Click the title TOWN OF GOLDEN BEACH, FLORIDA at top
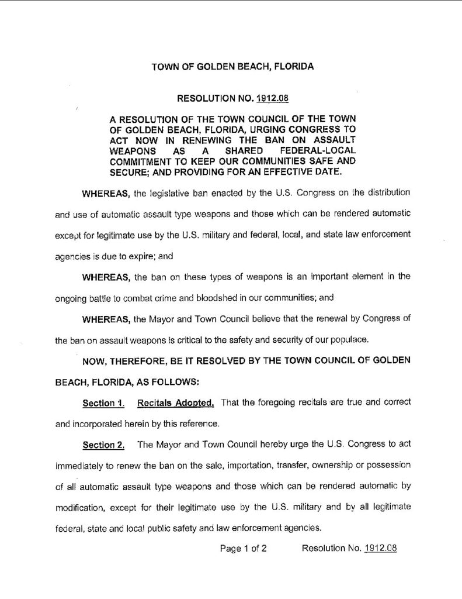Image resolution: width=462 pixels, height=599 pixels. coord(232,67)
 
